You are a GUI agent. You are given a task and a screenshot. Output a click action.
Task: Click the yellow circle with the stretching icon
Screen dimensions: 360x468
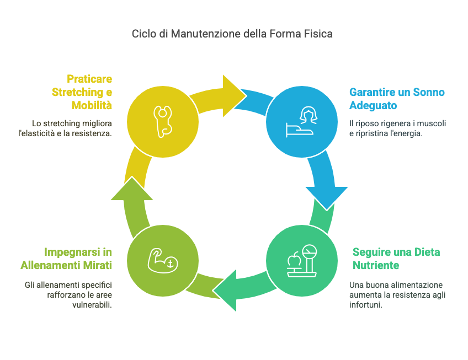(162, 120)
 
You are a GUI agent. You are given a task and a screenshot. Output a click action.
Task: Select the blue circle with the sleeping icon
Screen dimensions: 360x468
(301, 120)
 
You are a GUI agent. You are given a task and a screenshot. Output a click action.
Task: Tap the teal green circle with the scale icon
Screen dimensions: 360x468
(301, 259)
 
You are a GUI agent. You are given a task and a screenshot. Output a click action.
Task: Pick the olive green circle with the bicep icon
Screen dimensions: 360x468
(162, 259)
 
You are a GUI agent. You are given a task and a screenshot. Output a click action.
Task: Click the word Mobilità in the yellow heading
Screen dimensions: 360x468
(92, 105)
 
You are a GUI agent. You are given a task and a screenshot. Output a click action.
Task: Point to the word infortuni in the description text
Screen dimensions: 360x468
(365, 305)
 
